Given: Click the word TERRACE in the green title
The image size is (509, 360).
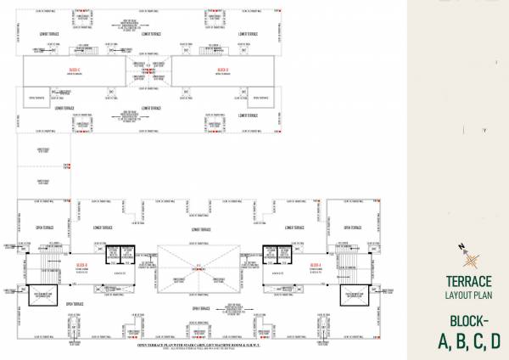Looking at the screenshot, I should pos(468,281).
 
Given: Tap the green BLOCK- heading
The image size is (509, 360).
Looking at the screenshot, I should pos(468,322).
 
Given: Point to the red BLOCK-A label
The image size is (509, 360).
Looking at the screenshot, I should pos(316,265).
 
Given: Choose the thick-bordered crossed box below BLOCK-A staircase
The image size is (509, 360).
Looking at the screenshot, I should pos(352,294).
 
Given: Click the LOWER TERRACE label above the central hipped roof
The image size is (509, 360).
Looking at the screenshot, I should pos(200,229).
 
